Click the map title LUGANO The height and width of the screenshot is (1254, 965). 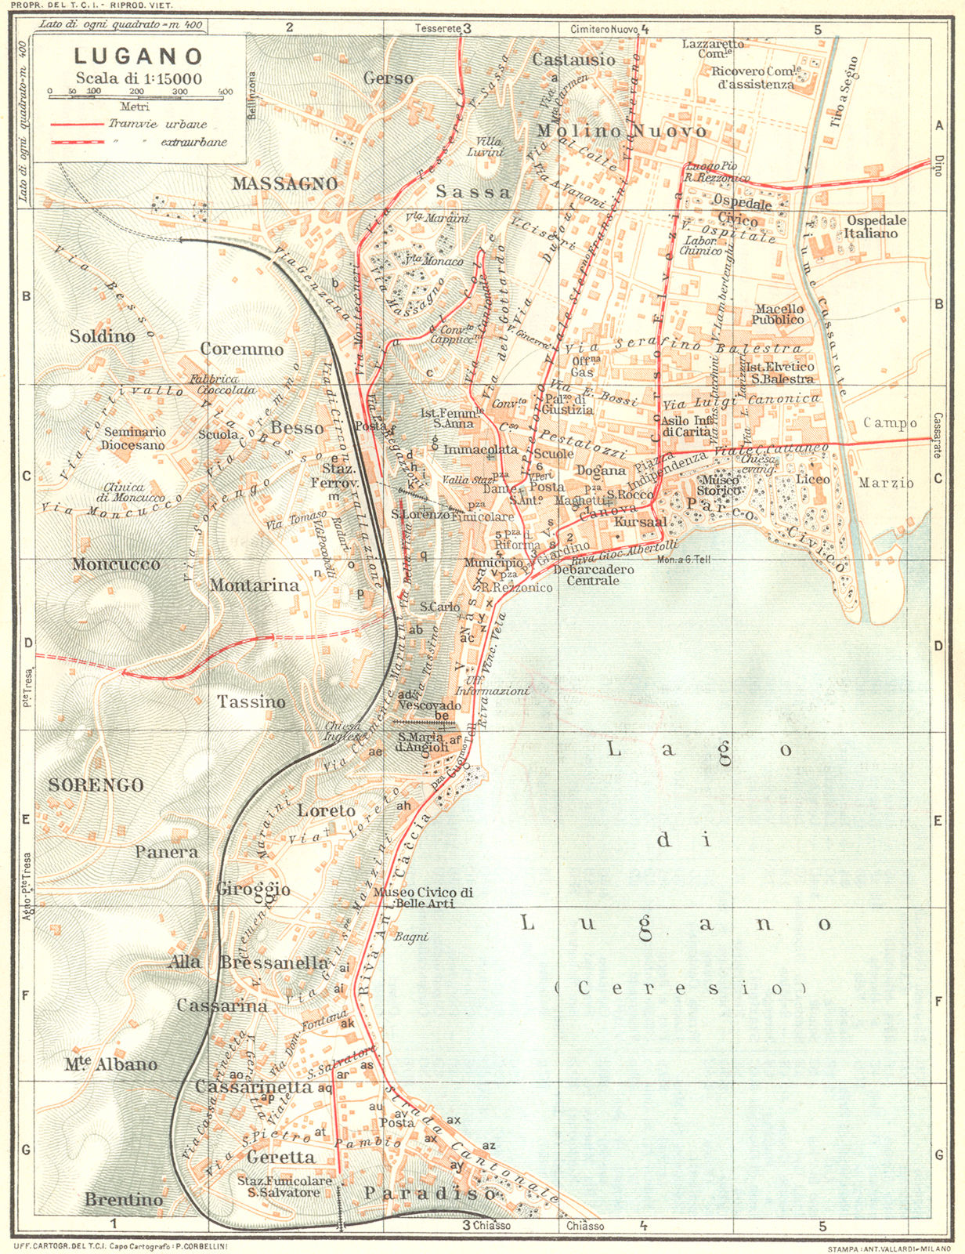click(x=139, y=56)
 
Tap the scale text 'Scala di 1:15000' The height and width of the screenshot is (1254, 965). click(x=139, y=78)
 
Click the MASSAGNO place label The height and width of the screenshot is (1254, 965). click(x=284, y=183)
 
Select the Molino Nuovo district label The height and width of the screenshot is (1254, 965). click(x=622, y=131)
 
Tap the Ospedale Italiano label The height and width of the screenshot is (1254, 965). click(x=875, y=227)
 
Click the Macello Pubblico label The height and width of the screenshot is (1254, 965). click(x=778, y=313)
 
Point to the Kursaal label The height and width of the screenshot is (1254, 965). click(x=640, y=521)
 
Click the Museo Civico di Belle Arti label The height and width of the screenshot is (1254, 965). click(x=423, y=897)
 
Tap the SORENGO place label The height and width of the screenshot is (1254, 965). click(x=96, y=785)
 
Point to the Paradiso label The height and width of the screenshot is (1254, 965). click(x=430, y=1193)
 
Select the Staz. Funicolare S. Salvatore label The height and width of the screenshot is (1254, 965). click(x=284, y=1187)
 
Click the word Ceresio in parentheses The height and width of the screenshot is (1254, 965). click(x=679, y=988)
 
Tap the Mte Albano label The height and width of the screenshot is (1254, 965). click(x=110, y=1064)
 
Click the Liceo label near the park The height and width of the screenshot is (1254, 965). click(x=812, y=479)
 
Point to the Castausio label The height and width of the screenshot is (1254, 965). click(x=573, y=60)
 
